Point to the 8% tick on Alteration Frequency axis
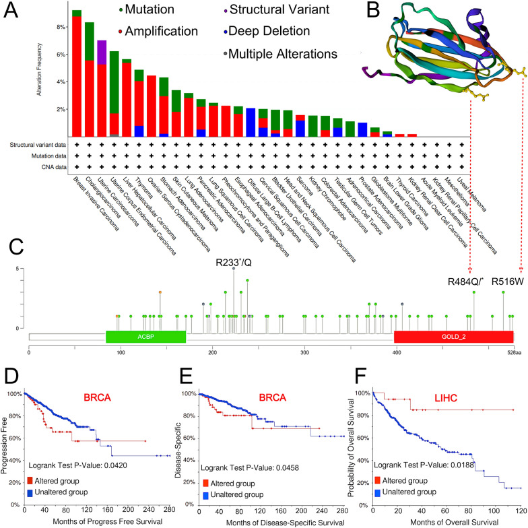(x=62, y=28)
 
